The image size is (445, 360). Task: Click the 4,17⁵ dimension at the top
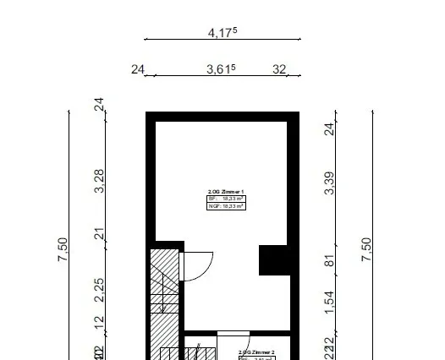click(x=222, y=33)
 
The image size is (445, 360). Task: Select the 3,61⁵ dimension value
click(x=222, y=70)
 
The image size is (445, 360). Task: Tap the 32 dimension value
click(x=279, y=70)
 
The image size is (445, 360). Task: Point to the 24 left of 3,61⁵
click(x=139, y=70)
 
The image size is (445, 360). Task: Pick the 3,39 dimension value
click(x=330, y=183)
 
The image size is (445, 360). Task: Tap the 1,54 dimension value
click(x=330, y=300)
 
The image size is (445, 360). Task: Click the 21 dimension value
click(x=99, y=234)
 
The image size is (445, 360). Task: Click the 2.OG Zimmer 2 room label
click(x=256, y=351)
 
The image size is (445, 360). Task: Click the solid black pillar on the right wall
click(x=274, y=259)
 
